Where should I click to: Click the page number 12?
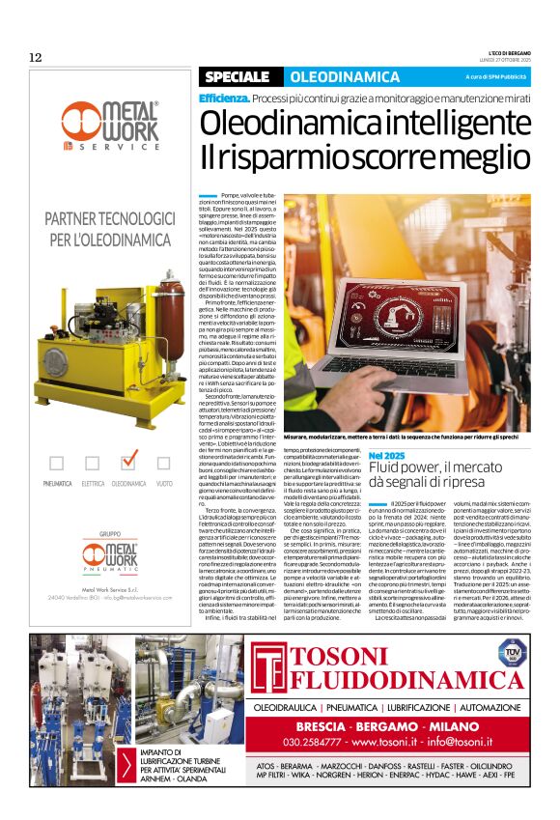tap(36, 58)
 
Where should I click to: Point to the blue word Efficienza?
tap(225, 99)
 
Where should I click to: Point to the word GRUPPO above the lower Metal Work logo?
tap(108, 533)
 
